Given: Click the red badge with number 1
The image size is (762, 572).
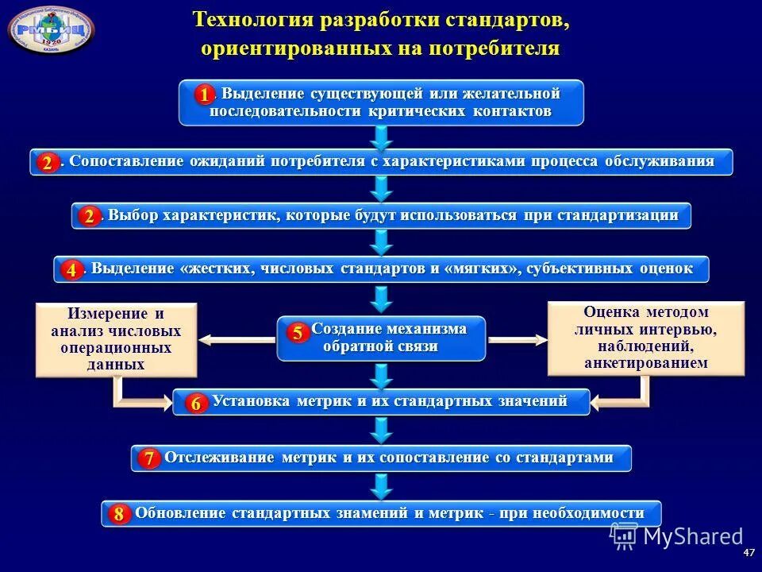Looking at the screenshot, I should tap(204, 95).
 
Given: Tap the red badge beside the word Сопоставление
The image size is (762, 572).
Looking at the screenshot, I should tap(47, 164).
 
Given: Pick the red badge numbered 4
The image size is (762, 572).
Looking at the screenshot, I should tap(71, 270).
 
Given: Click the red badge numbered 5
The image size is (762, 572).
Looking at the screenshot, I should tap(296, 333).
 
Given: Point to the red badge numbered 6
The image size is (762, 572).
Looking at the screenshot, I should tap(195, 404).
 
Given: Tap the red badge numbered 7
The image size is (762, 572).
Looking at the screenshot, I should tap(148, 459).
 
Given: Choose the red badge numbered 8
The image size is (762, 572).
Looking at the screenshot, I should tap(118, 514).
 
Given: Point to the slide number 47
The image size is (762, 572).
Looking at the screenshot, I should tap(748, 552).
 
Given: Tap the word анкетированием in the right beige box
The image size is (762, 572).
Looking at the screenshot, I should tap(645, 362).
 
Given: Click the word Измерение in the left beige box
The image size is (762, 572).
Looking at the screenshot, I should tap(106, 313).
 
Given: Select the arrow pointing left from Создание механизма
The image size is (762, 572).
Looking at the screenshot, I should tap(237, 340).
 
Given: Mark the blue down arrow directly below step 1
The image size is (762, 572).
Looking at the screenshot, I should tap(382, 137).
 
